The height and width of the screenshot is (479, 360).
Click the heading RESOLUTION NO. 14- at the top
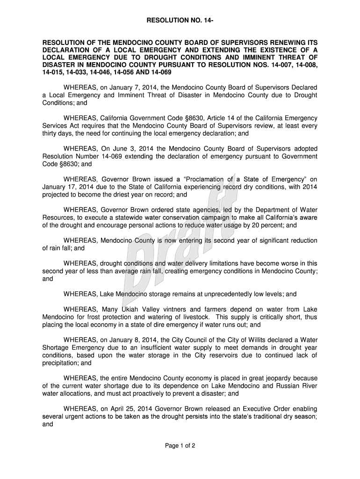[180, 21]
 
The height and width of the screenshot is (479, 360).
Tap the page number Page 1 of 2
[180, 445]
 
